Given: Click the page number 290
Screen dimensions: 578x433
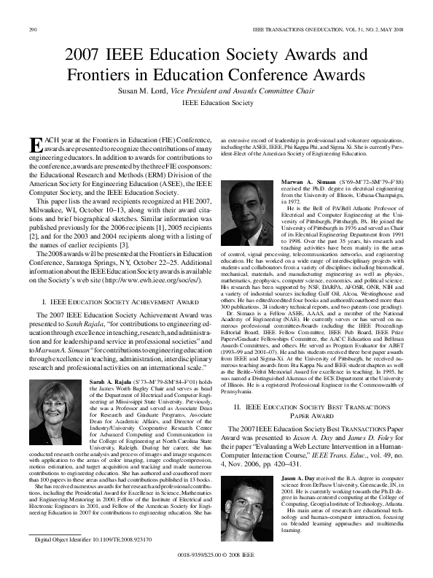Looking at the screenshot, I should (x=32, y=29).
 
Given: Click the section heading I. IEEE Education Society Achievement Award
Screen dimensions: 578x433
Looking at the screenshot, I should (x=121, y=301).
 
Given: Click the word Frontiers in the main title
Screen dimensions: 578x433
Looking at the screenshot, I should (x=101, y=74).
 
